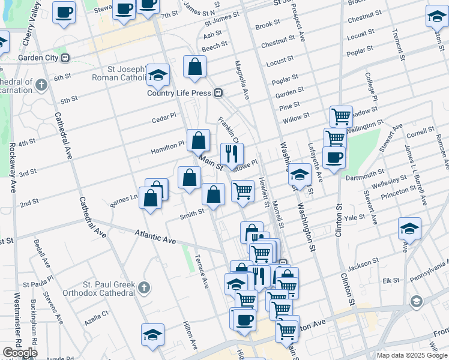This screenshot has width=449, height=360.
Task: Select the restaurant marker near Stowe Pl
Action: [232, 154]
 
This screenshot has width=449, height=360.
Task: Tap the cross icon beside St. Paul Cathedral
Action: [143, 289]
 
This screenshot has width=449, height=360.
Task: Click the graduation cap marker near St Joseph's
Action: [158, 74]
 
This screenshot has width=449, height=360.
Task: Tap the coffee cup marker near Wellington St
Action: [334, 157]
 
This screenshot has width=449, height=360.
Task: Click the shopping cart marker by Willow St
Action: [341, 115]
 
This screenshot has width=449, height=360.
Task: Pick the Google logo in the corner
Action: [19, 353]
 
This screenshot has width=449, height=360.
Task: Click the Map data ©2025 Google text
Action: [412, 355]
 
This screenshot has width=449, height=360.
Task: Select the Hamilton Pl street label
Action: [172, 144]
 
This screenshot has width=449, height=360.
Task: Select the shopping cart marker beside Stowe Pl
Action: [243, 191]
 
